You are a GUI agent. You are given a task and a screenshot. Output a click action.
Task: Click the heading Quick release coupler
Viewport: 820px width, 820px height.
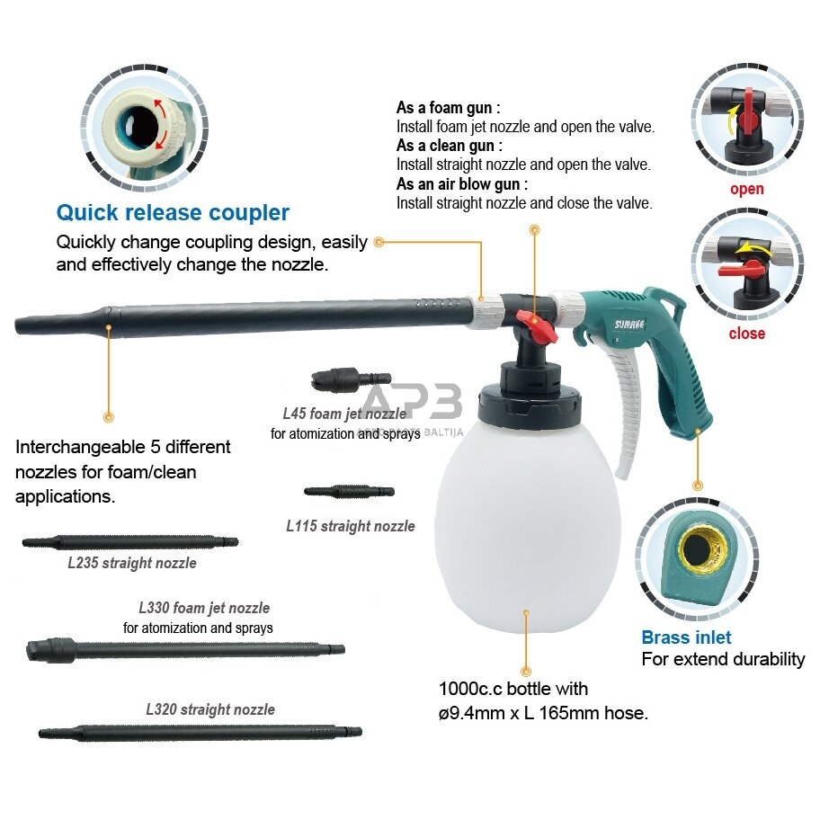click(173, 213)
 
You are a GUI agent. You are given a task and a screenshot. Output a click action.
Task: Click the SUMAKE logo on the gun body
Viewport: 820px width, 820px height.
click(629, 325)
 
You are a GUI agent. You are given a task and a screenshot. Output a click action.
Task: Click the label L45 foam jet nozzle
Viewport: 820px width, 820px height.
click(344, 414)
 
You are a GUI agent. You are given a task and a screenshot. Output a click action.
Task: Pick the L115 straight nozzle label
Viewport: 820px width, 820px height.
click(351, 526)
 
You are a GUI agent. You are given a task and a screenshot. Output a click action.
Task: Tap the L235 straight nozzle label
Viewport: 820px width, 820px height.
click(132, 563)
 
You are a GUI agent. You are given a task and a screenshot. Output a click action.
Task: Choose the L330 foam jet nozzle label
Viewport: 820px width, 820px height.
click(204, 608)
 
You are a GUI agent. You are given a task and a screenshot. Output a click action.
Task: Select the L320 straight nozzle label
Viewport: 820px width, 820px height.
click(210, 709)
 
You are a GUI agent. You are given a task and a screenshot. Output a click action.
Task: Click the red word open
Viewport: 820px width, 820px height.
click(747, 189)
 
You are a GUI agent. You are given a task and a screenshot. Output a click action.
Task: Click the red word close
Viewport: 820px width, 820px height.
click(747, 334)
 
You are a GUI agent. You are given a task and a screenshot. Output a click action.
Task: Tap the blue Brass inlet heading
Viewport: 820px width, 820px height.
click(686, 637)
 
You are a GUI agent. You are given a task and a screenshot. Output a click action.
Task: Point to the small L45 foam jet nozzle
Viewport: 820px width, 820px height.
click(351, 379)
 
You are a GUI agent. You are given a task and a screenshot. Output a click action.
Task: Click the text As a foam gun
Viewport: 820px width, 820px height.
click(448, 108)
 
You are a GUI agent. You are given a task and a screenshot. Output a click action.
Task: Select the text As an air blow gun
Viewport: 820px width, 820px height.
click(462, 184)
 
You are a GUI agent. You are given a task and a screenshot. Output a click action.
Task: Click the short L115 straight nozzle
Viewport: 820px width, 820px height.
click(350, 492)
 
